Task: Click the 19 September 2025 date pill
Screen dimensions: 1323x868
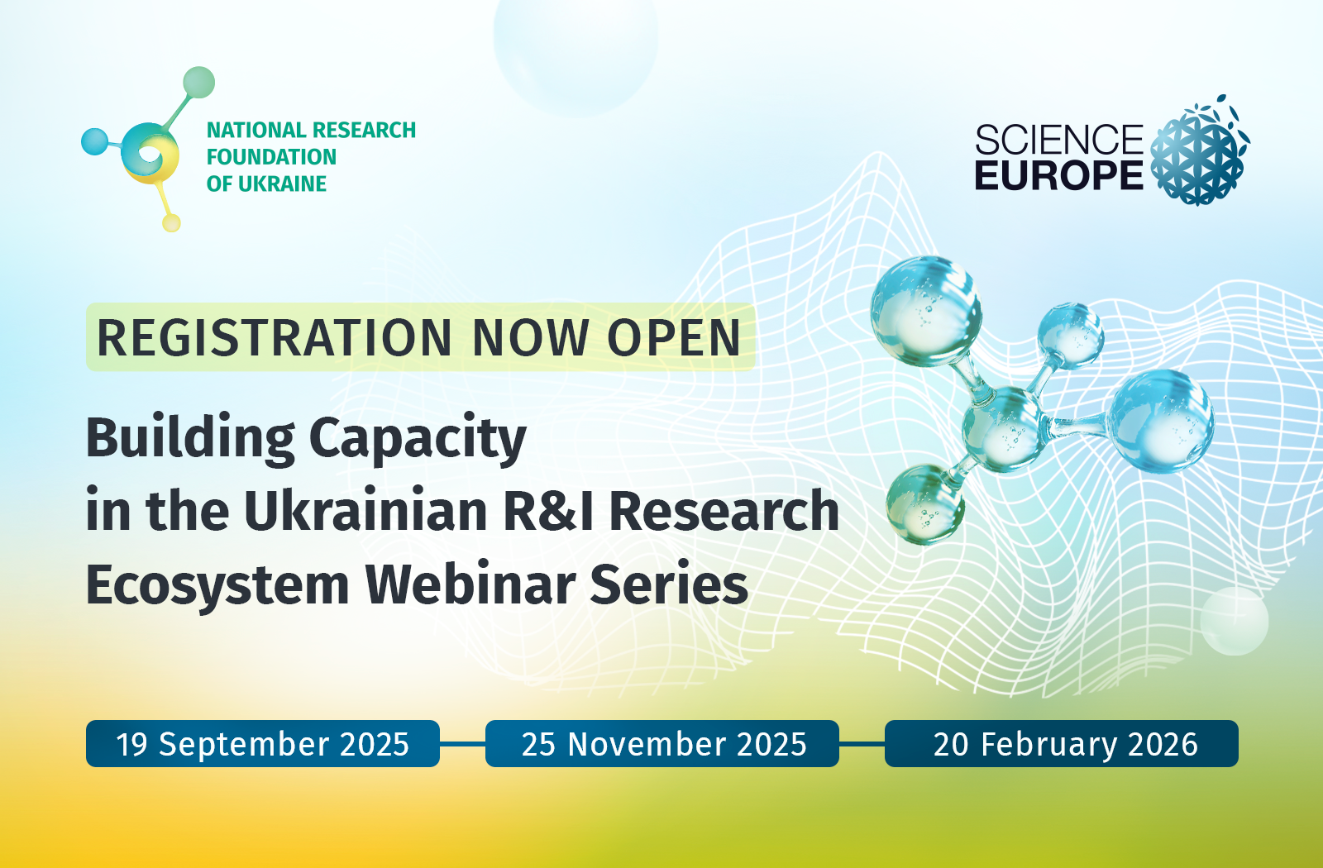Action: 263,743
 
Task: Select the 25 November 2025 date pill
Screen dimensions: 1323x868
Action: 662,743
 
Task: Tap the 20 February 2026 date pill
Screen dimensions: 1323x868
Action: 1062,743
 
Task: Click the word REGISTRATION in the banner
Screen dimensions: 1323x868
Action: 274,338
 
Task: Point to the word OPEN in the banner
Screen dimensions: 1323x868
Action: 674,338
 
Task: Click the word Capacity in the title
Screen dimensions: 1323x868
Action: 418,439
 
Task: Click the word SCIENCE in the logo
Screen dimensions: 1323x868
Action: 1059,140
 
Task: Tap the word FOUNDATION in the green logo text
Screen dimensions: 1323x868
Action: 271,157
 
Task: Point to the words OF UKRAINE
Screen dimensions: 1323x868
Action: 266,184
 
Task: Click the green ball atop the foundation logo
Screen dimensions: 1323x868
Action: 198,82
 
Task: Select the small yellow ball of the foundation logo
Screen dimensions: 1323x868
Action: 171,222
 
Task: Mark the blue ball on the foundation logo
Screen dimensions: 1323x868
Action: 94,141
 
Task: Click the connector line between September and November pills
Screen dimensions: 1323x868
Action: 462,744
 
